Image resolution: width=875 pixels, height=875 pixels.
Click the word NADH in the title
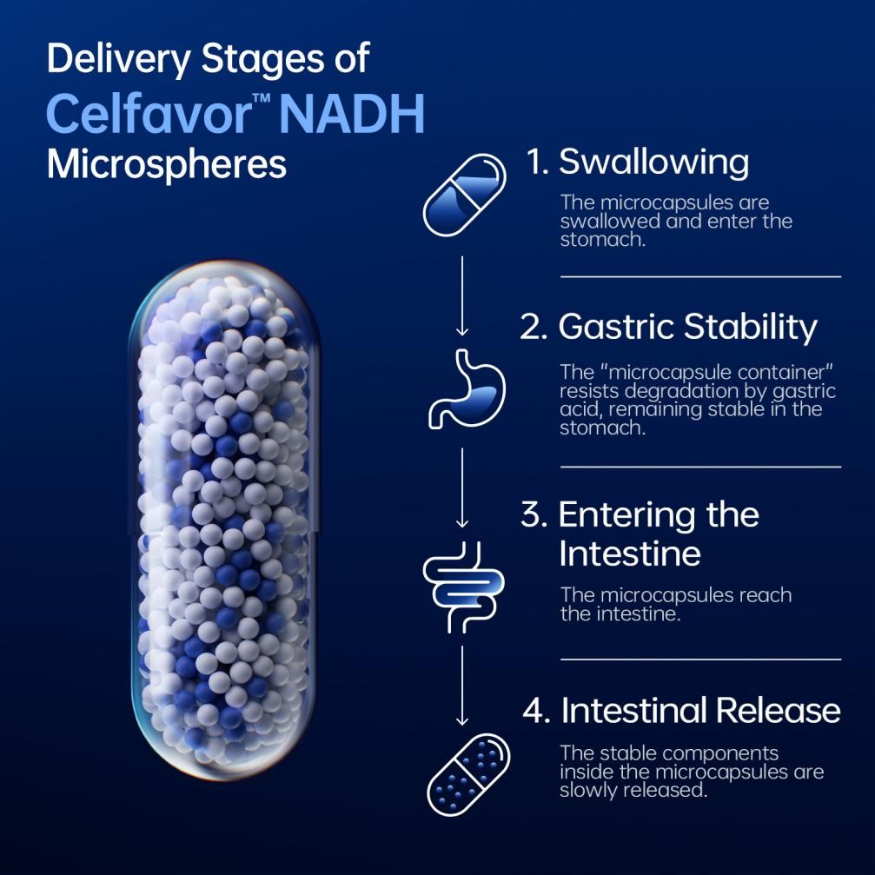pos(352,114)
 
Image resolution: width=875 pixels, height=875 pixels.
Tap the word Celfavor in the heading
pos(149,114)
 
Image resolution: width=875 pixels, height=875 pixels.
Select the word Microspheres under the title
pos(167,164)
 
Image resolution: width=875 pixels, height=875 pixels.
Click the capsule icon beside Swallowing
pos(465,196)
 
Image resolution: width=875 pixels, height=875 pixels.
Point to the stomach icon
pos(467,389)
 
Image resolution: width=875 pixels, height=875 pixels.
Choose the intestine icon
pos(464,587)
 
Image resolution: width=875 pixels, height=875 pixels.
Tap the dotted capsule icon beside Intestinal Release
pos(468,774)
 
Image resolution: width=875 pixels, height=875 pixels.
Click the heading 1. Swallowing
pos(637,162)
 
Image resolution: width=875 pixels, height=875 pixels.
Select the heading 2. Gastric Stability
pos(668,327)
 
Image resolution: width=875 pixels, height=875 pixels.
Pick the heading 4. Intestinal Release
pos(681,711)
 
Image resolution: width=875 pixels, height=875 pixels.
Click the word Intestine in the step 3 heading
pos(630,554)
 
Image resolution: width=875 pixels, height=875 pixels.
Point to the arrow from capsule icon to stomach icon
pos(462,295)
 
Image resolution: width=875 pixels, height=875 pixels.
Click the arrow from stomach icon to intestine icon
pos(462,487)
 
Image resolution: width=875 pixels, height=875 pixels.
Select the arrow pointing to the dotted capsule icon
pos(462,686)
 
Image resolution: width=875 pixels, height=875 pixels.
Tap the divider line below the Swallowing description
pos(701,276)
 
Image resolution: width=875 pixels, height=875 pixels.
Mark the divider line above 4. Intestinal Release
pos(701,659)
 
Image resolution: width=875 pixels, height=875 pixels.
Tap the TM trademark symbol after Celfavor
pos(262,99)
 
